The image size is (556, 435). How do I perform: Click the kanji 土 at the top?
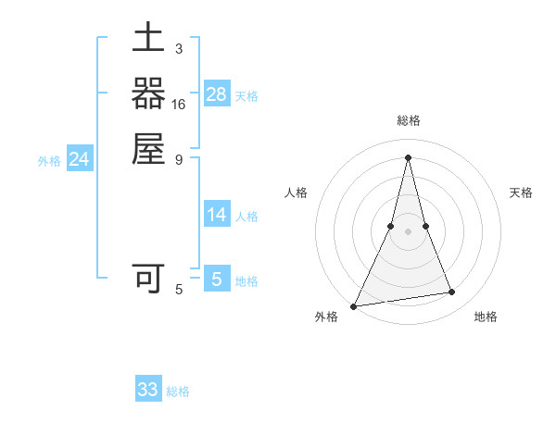coord(148,41)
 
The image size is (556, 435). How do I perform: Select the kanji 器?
coord(148,94)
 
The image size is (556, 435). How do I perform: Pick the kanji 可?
coord(148,277)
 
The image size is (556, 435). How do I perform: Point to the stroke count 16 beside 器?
coord(179,105)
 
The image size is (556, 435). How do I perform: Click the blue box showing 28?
coord(217,93)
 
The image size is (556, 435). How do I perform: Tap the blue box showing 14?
coord(217,215)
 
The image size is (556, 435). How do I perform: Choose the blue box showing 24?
coord(80,159)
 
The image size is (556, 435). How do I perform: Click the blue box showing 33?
coord(148,390)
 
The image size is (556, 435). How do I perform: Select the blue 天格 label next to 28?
coord(246,95)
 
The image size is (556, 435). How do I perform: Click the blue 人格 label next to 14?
coord(246,217)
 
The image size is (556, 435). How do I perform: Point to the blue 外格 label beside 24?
coord(49,161)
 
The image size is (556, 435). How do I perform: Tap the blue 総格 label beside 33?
coord(178,391)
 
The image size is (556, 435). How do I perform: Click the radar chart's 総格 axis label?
coord(408,121)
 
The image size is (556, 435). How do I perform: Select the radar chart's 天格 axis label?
coord(521,193)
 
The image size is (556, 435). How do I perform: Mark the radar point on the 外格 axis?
coord(354,305)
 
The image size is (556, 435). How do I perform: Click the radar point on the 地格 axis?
coord(452,292)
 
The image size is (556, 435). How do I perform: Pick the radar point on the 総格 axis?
coord(408,156)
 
